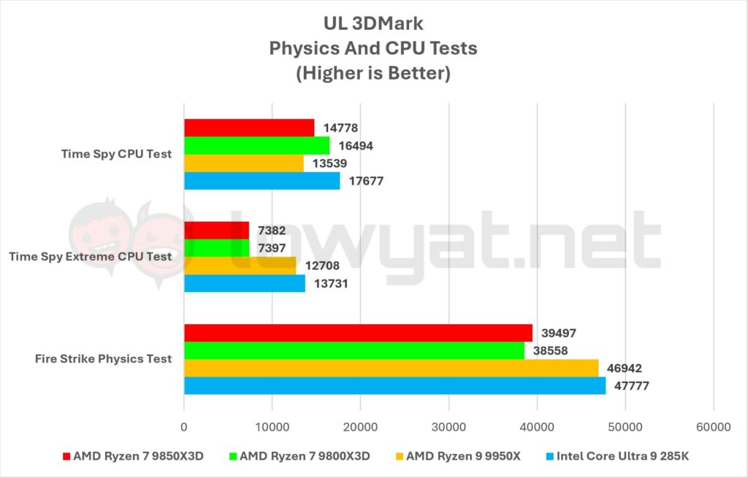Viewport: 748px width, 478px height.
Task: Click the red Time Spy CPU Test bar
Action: (x=248, y=128)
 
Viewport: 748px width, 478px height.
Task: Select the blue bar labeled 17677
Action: (x=262, y=181)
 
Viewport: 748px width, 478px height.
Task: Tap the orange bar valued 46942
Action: (x=391, y=368)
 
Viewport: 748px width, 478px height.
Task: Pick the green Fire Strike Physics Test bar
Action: (x=354, y=350)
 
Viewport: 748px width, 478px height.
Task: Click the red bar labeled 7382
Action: (x=216, y=231)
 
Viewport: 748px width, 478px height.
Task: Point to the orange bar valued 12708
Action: (x=240, y=266)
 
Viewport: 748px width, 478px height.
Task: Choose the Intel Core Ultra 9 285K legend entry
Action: (x=623, y=457)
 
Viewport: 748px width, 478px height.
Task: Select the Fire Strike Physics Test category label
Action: (x=103, y=359)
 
